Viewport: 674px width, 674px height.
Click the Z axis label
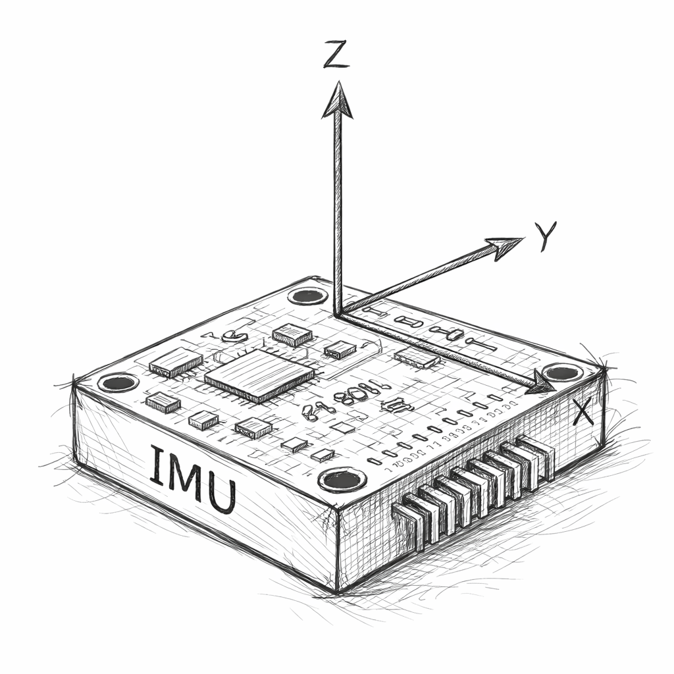coord(336,55)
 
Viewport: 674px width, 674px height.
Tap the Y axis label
coord(545,236)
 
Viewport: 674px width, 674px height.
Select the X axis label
coord(584,411)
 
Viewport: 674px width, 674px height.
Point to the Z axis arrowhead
coord(338,100)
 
